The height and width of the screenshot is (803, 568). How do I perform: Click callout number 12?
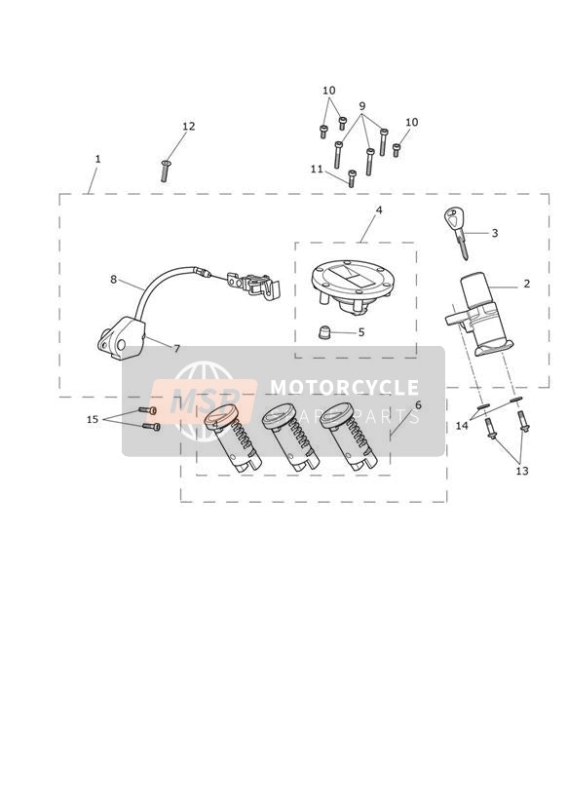(x=189, y=126)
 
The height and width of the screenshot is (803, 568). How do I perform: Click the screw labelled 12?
(x=165, y=171)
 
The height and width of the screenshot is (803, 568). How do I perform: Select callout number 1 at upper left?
(x=97, y=159)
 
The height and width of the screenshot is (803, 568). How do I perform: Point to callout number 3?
(x=495, y=233)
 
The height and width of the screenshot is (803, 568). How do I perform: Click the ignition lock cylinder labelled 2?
(x=478, y=315)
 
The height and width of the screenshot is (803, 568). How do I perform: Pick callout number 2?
(x=526, y=284)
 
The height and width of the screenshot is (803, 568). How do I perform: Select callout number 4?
(x=379, y=210)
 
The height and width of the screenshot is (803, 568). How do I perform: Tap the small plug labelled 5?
(x=323, y=333)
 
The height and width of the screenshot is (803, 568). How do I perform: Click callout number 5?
(x=361, y=332)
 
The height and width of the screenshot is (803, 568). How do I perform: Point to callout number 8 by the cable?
(x=113, y=279)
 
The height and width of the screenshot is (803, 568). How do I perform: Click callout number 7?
(x=177, y=349)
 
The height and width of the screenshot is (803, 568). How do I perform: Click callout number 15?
(x=93, y=419)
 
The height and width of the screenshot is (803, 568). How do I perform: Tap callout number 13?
(x=522, y=471)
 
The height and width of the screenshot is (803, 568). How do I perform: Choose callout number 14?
(x=462, y=425)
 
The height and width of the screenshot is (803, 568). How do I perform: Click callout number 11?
(x=317, y=169)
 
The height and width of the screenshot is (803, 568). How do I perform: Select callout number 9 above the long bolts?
(x=362, y=106)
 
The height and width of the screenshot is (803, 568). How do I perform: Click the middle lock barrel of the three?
(x=290, y=437)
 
